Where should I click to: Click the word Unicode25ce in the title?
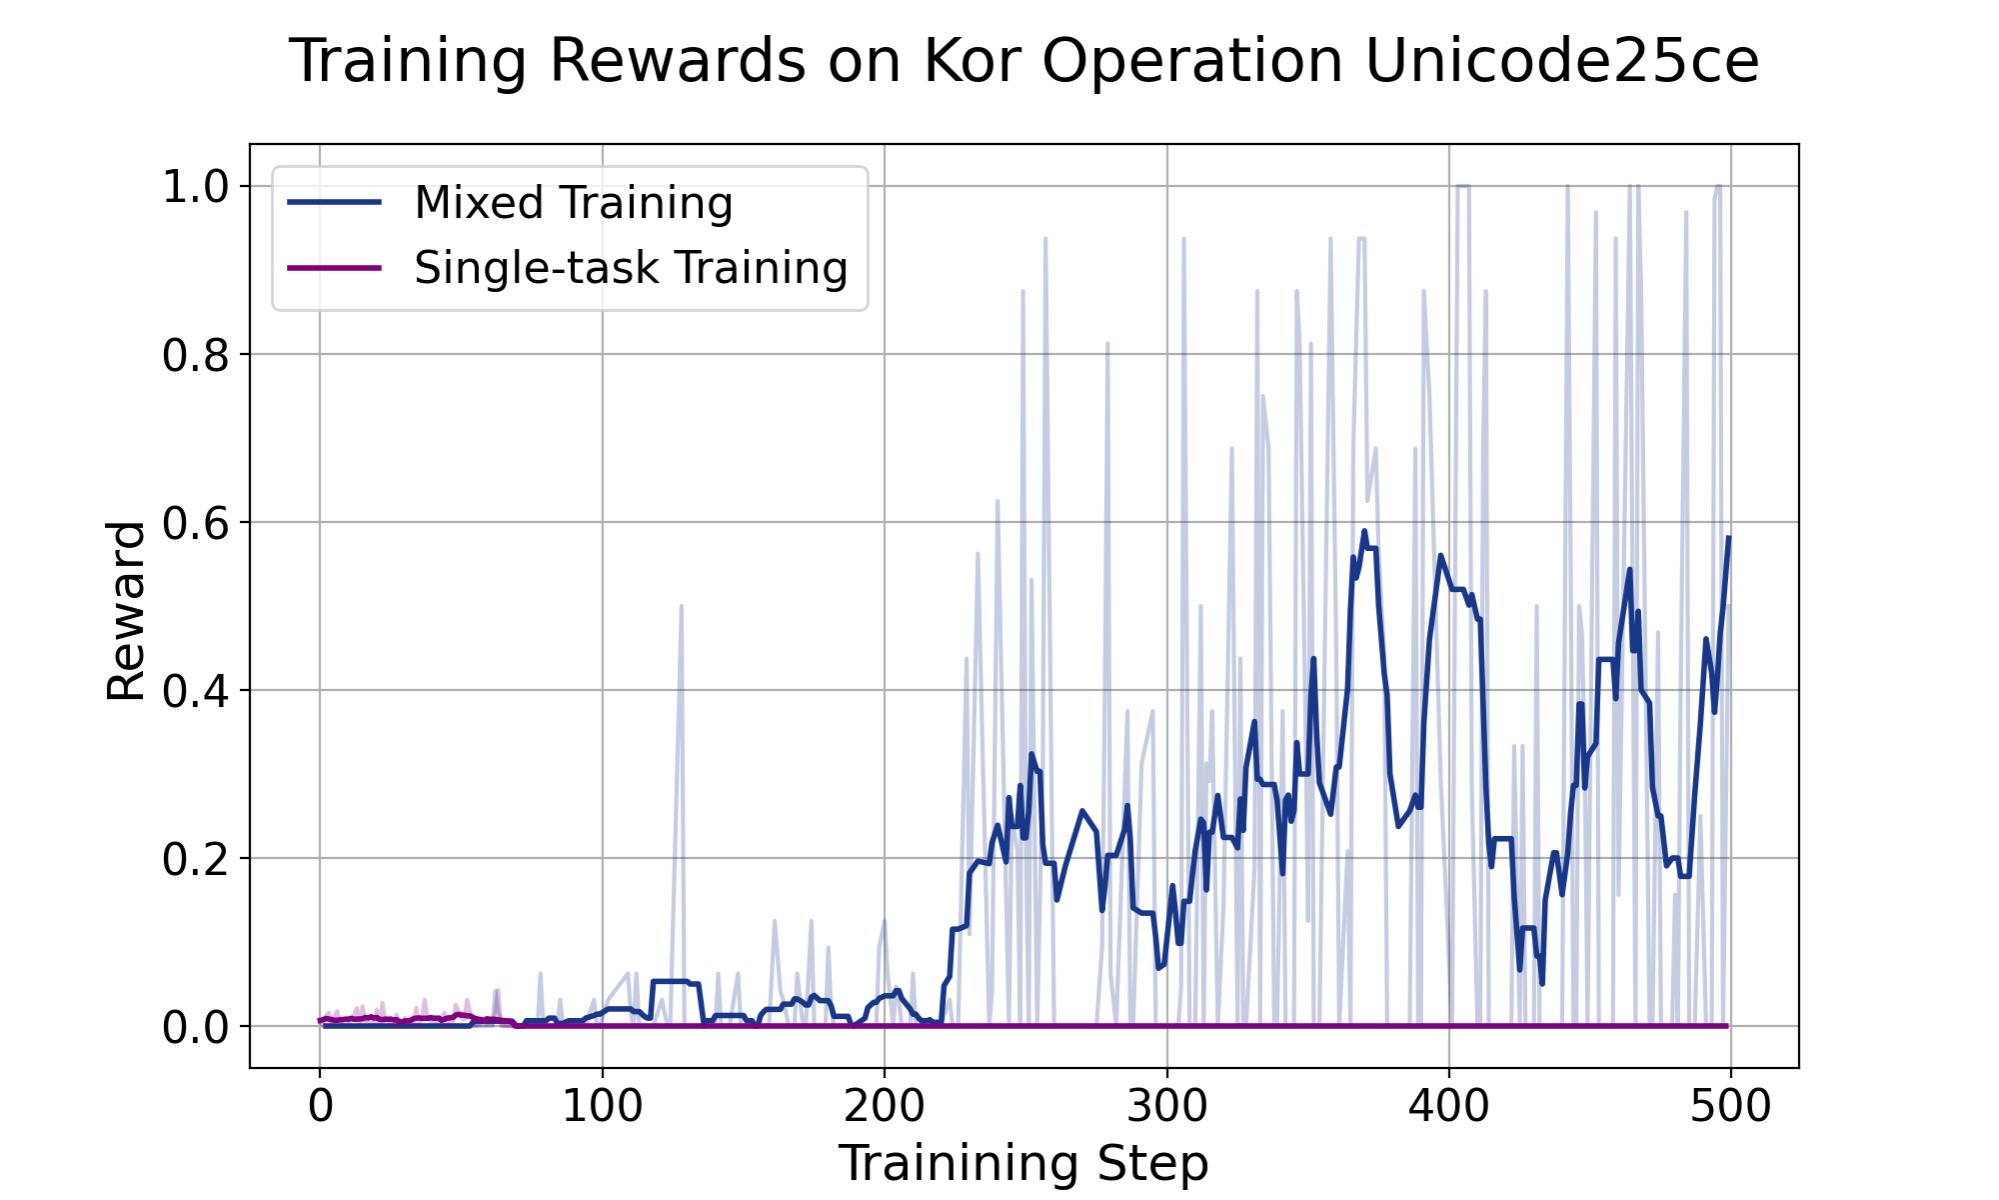tap(1560, 62)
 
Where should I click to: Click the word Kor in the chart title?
tap(973, 62)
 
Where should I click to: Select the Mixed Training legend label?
tap(574, 203)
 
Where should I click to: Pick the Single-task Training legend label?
tap(631, 268)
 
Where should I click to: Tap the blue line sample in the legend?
tap(334, 203)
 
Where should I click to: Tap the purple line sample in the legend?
tap(334, 268)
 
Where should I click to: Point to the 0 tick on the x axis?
tap(320, 1108)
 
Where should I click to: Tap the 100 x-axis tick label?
tap(602, 1108)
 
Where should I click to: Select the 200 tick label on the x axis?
tap(885, 1108)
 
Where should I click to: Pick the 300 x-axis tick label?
tap(1167, 1108)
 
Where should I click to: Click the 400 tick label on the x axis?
tap(1449, 1108)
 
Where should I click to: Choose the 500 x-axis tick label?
tap(1731, 1108)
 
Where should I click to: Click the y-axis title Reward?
tap(127, 610)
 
